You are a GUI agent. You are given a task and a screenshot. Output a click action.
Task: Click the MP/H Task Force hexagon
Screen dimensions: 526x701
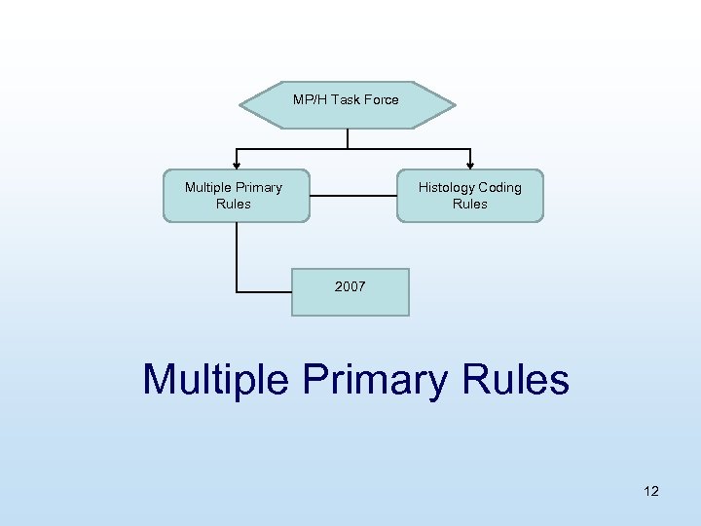347,105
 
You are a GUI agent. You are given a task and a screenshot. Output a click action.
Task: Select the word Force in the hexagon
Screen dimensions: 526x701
380,99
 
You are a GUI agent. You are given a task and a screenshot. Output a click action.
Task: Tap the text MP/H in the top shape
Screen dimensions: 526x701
310,99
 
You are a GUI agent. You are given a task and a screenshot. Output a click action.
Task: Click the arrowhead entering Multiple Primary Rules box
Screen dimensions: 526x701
235,165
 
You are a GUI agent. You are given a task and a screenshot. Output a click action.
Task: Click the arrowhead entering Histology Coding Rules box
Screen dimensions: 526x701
471,165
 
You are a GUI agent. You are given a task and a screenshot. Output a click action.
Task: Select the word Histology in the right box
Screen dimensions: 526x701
447,187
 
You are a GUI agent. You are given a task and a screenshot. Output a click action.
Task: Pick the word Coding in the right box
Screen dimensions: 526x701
500,187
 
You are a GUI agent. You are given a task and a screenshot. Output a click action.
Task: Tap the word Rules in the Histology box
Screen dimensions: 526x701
470,204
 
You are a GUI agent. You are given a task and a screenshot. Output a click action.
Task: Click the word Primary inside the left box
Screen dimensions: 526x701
260,187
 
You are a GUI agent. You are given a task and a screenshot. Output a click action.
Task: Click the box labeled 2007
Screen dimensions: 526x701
350,291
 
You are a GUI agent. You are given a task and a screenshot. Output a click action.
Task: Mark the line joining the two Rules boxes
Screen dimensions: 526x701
352,196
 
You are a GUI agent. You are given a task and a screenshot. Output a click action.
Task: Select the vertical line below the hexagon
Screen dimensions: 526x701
348,138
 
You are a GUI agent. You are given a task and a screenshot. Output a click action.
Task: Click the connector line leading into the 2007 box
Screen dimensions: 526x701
263,291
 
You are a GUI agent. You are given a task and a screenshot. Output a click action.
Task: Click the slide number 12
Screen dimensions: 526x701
651,491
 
